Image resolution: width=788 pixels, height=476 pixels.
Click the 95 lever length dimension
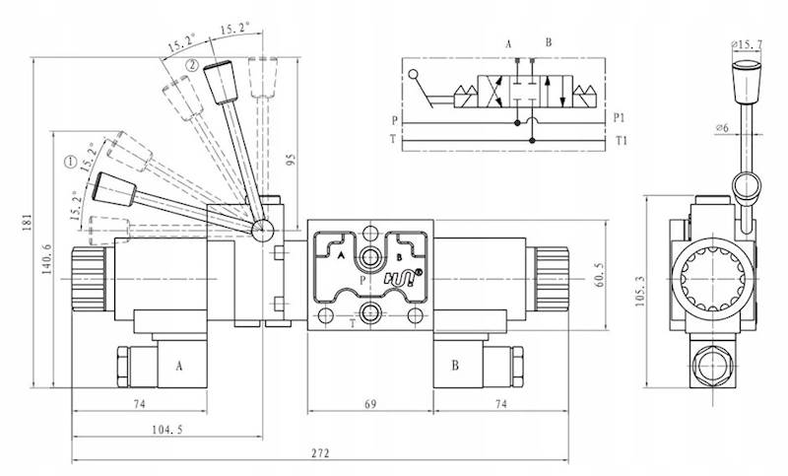pos(291,161)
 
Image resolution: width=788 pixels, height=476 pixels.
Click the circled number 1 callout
pos(70,162)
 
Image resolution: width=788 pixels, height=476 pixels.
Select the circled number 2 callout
pos(191,65)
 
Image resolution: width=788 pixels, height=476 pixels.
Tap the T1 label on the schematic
pos(620,141)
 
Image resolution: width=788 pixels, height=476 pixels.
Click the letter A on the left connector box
pos(179,365)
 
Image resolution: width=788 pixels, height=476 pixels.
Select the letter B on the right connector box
pos(455,365)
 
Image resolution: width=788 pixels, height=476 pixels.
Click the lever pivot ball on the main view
pos(263,231)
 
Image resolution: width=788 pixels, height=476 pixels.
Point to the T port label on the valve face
pos(353,321)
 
